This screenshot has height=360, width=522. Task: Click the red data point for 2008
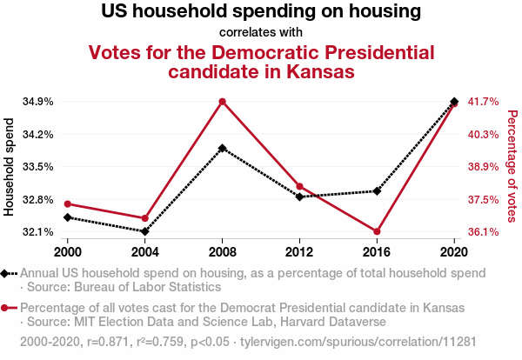[x=223, y=102]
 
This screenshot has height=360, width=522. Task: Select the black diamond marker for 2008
[x=223, y=148]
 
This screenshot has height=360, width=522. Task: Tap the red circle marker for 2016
[x=377, y=231]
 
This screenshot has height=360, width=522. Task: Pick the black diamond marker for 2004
[x=145, y=231]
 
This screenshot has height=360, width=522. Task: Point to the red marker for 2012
[x=299, y=186]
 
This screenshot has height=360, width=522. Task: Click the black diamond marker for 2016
[x=377, y=190]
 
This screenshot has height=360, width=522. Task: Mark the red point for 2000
[x=69, y=203]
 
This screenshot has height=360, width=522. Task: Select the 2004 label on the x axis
[x=145, y=251]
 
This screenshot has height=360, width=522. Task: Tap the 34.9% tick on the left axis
[x=37, y=102]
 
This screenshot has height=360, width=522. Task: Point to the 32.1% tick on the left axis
[x=37, y=232]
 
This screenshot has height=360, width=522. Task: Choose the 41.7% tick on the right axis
[x=483, y=102]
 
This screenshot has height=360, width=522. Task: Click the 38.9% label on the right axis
[x=483, y=167]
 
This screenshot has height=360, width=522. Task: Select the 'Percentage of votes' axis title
[x=512, y=166]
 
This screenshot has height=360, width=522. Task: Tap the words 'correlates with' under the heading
[x=261, y=33]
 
